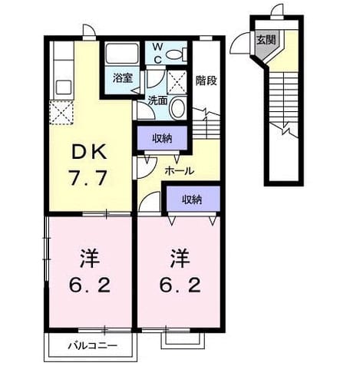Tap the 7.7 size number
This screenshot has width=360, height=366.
tap(88, 178)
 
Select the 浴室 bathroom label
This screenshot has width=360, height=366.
tap(123, 78)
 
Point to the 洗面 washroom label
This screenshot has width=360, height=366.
tap(158, 101)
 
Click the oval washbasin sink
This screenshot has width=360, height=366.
tap(178, 108)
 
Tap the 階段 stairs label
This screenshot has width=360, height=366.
tap(206, 81)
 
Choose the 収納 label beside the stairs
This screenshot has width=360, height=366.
tap(162, 139)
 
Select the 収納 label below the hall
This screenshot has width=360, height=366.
tap(192, 199)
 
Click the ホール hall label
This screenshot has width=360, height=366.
tap(179, 171)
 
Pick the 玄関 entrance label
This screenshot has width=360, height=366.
tap(266, 40)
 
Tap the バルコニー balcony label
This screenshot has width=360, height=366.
tap(93, 346)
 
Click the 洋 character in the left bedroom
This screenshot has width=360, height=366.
tap(90, 258)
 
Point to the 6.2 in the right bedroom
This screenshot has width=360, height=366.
tap(180, 285)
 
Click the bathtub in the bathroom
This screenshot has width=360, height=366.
tap(122, 54)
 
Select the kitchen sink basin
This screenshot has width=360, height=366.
tap(64, 87)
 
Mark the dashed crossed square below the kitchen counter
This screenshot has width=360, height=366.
tap(61, 113)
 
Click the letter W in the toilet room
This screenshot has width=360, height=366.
tap(158, 47)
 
